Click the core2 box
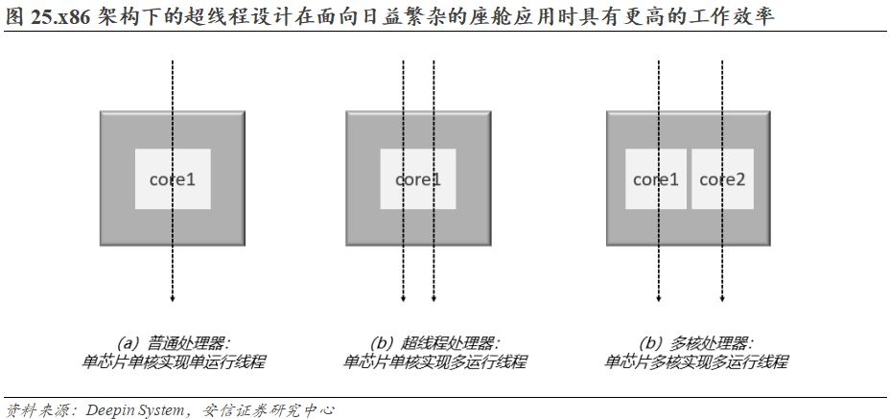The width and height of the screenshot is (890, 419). pyautogui.click(x=722, y=179)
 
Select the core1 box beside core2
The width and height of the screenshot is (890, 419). pyautogui.click(x=656, y=179)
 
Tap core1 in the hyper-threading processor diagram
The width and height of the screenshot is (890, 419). pyautogui.click(x=418, y=179)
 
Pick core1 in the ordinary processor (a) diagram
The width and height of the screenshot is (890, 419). pyautogui.click(x=173, y=179)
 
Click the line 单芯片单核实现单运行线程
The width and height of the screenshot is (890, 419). pyautogui.click(x=174, y=362)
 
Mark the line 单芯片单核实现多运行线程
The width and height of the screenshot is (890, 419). pyautogui.click(x=434, y=362)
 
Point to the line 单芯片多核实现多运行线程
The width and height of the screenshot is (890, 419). pyautogui.click(x=696, y=362)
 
